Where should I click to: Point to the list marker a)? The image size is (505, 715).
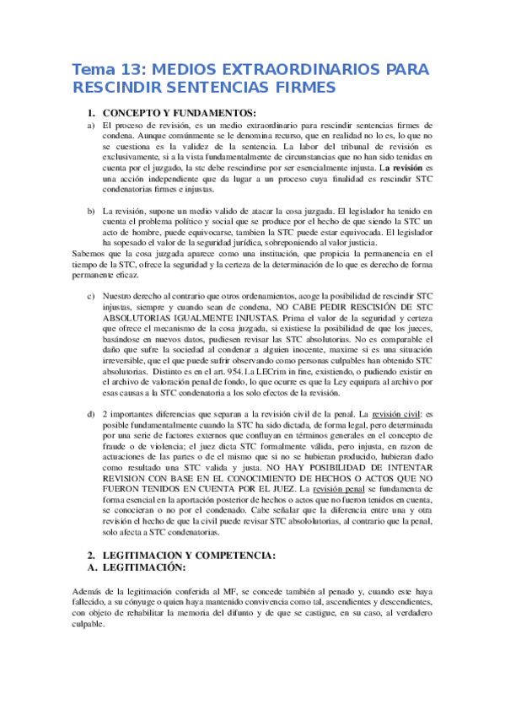click(91, 125)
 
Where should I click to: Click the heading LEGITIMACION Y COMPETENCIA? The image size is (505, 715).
click(185, 556)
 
